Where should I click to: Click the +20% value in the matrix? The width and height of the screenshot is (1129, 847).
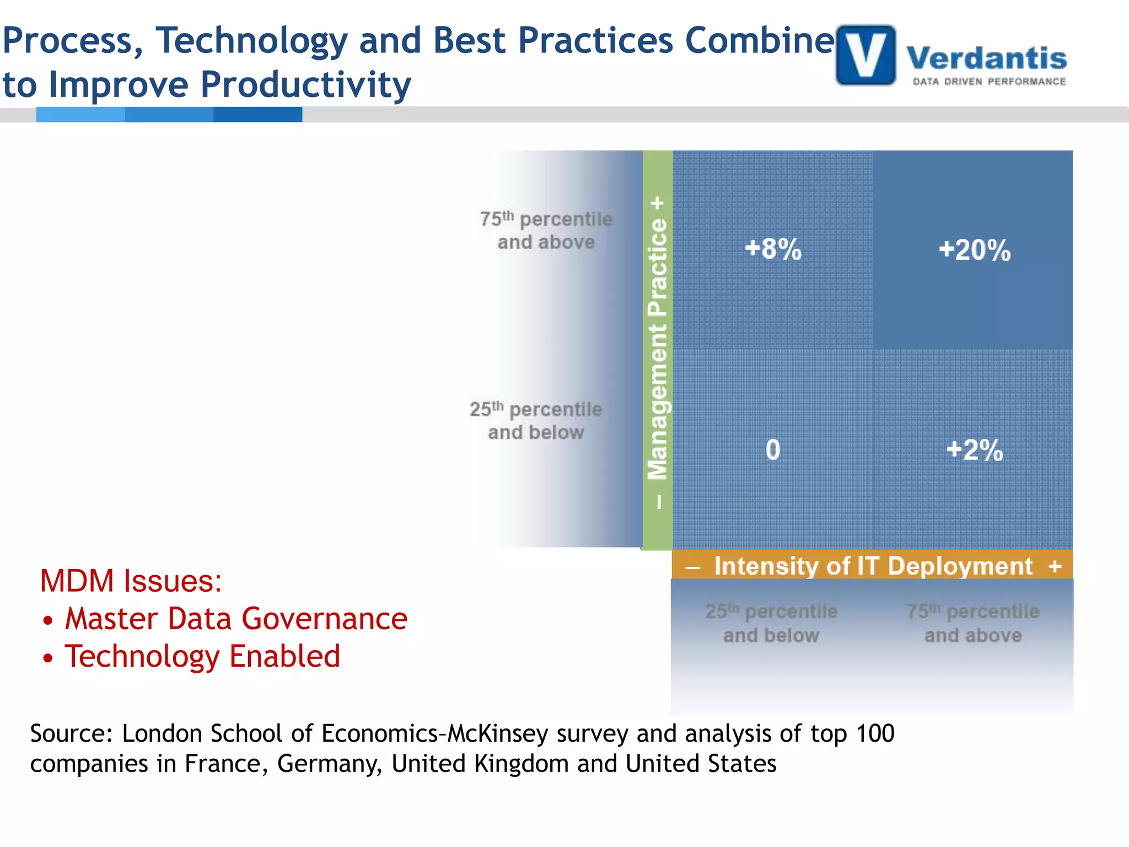(x=975, y=250)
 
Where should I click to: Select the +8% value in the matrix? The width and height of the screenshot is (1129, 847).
(x=773, y=249)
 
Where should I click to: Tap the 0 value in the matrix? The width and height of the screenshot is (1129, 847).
(x=773, y=449)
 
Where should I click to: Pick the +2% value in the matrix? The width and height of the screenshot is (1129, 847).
(x=975, y=449)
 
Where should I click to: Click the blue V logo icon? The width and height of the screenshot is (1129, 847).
(x=865, y=55)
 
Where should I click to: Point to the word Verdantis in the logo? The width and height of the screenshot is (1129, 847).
(x=986, y=58)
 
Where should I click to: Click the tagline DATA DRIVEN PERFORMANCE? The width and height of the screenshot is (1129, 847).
(x=989, y=82)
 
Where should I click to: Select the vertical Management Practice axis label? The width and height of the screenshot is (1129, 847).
(x=658, y=349)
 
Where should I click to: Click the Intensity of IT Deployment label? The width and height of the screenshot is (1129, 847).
(x=873, y=566)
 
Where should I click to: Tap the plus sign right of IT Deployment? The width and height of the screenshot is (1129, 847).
(x=1055, y=566)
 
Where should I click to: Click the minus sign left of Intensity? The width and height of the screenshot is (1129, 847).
(x=692, y=567)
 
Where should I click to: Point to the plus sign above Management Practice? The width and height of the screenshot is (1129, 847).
(x=657, y=203)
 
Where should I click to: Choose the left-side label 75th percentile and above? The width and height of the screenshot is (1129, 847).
(x=546, y=230)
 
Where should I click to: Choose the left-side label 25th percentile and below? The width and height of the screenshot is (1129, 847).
(x=536, y=421)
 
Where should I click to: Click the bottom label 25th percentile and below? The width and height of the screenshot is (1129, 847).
(x=771, y=623)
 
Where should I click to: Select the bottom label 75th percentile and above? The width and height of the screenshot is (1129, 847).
(x=973, y=623)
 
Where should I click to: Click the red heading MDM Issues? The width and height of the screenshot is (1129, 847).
(x=131, y=581)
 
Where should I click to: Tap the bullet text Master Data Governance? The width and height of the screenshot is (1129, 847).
(x=236, y=619)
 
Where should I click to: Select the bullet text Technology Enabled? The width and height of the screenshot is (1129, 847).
(x=202, y=656)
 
